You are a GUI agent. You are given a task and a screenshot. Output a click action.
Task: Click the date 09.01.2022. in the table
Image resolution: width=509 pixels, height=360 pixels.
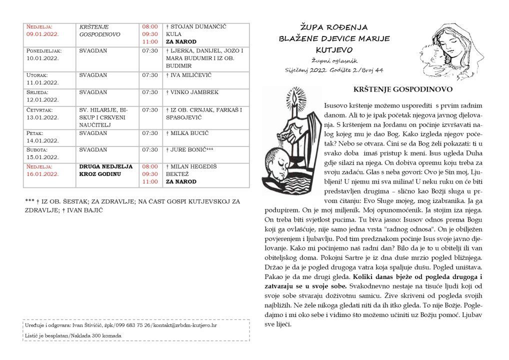tap(42, 34)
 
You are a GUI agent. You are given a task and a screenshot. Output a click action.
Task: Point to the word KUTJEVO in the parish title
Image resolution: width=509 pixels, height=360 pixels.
tap(334, 49)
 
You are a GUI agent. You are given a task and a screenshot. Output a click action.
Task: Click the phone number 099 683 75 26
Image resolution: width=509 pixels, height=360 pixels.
tap(133, 325)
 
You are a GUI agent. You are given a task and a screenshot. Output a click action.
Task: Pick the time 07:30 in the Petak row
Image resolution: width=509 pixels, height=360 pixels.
tap(149, 132)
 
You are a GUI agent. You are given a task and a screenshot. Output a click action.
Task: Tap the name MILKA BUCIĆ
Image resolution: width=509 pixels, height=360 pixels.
tap(189, 132)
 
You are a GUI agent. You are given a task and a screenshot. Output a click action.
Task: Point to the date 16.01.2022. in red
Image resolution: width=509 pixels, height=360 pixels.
tap(42, 173)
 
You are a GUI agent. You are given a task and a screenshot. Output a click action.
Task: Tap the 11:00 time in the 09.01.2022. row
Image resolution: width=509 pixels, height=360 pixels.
tap(150, 41)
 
